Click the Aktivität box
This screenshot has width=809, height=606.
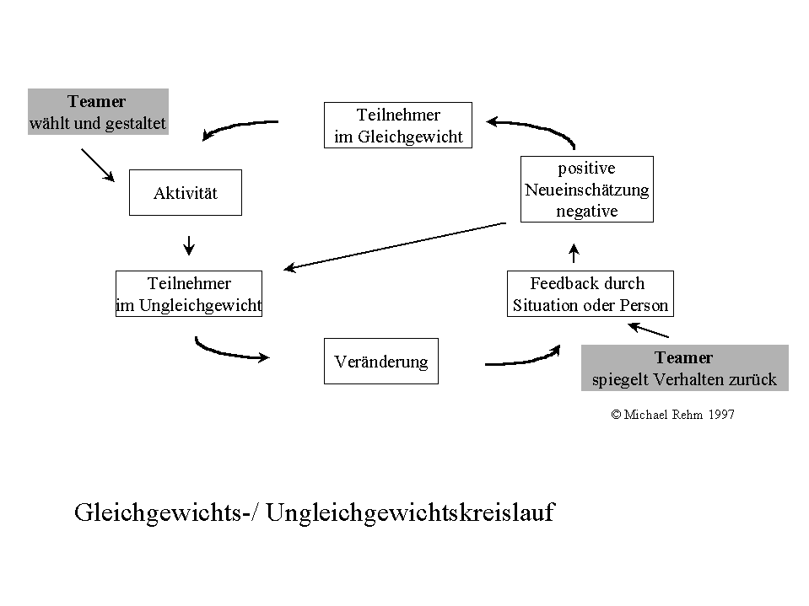pyautogui.click(x=185, y=193)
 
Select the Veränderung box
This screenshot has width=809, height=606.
pyautogui.click(x=380, y=362)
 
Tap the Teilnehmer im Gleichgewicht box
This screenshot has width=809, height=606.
pyautogui.click(x=398, y=126)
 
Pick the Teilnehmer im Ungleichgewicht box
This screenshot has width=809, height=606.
pyautogui.click(x=189, y=294)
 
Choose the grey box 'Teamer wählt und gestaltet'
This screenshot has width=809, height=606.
pyautogui.click(x=98, y=112)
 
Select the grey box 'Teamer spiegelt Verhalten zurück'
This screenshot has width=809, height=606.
pyautogui.click(x=684, y=368)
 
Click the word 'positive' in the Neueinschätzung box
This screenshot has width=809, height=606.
pyautogui.click(x=586, y=169)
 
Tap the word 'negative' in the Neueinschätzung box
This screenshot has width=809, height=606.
pyautogui.click(x=586, y=211)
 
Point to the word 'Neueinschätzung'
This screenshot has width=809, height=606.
pyautogui.click(x=586, y=190)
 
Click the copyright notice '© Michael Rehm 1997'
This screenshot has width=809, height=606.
pyautogui.click(x=672, y=415)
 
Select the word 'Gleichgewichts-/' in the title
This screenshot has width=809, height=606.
pyautogui.click(x=165, y=512)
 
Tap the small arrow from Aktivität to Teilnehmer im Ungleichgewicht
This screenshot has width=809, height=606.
pyautogui.click(x=189, y=244)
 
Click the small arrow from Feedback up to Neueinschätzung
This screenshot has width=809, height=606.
pyautogui.click(x=574, y=252)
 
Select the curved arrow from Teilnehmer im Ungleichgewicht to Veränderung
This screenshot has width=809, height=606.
pyautogui.click(x=229, y=351)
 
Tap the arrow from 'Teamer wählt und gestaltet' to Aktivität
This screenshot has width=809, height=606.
pyautogui.click(x=98, y=164)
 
